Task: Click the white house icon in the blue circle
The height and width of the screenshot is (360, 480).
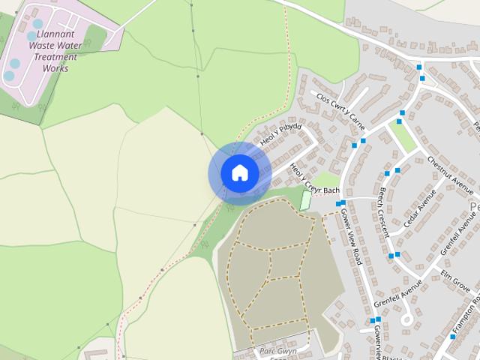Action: [240, 173]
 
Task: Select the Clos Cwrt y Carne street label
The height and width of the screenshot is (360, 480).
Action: [340, 108]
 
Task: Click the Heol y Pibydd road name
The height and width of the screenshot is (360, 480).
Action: [280, 134]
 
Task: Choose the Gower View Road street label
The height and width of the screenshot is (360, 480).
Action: [352, 235]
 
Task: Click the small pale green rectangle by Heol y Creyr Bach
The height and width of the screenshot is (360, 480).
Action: [305, 200]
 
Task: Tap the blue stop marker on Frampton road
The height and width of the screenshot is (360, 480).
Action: [452, 336]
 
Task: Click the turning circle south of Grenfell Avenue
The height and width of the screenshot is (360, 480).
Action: [408, 320]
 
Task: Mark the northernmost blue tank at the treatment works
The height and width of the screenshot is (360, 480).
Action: [38, 23]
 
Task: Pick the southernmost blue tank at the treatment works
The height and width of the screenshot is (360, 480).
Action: [8, 76]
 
